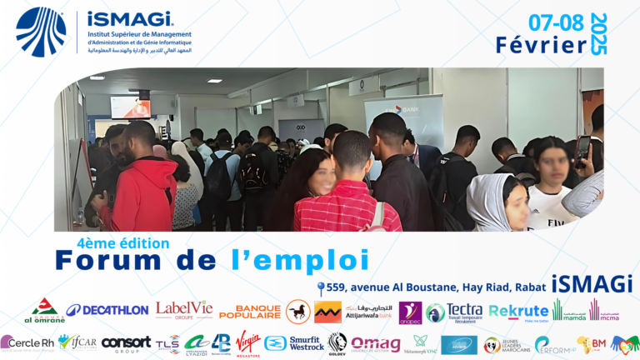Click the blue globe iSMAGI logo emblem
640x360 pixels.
click(41, 32)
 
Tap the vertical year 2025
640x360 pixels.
click(598, 34)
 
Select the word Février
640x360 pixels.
click(541, 45)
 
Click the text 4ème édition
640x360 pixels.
click(122, 243)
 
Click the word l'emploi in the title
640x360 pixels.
click(299, 260)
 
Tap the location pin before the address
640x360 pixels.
click(322, 287)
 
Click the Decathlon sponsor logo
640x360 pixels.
click(107, 310)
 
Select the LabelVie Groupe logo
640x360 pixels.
click(183, 310)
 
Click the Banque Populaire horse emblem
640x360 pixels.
click(297, 312)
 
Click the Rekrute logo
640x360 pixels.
click(517, 312)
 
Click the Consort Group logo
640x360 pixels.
click(126, 342)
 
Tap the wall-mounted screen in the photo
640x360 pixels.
click(131, 107)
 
